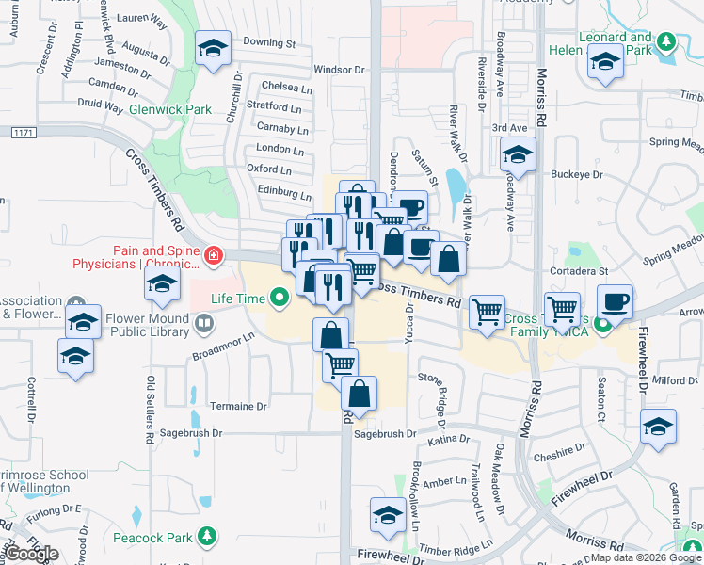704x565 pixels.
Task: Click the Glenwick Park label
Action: coord(170,109)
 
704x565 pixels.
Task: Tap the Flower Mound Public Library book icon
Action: coord(203,325)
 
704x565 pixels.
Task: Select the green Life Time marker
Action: coord(279,300)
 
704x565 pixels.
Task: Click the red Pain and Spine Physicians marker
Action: coord(215,255)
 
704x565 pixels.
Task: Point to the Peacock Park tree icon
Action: coord(205,537)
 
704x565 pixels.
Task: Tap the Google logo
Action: coord(32,554)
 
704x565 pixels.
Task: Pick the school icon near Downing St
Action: coord(214,49)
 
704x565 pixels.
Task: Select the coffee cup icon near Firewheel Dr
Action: coord(615,302)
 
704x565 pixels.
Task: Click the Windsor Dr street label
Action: coord(339,70)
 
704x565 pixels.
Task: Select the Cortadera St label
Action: coord(582,271)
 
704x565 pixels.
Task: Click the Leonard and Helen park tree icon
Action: coord(666,41)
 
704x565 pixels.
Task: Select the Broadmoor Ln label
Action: coord(223,346)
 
